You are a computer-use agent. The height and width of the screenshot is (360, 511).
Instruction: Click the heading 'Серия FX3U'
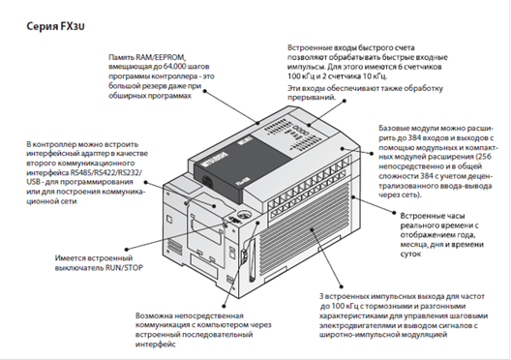pos(56,26)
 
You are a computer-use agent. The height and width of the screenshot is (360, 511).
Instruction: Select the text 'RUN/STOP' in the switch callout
pos(124,268)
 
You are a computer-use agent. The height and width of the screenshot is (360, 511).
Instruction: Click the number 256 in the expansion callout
pos(484,157)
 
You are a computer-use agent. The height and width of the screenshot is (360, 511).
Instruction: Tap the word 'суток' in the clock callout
pos(410,254)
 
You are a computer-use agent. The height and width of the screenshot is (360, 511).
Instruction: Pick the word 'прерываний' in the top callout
pos(312,98)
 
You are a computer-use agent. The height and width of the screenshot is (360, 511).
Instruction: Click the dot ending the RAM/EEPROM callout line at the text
pos(204,91)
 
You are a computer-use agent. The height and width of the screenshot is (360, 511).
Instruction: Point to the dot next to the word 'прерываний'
pos(345,101)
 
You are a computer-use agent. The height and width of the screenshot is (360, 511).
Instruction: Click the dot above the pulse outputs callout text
pos(342,286)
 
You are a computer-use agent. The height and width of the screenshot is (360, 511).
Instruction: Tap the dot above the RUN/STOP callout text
pos(126,250)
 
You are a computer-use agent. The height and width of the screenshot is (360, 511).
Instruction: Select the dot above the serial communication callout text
pos(224,306)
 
